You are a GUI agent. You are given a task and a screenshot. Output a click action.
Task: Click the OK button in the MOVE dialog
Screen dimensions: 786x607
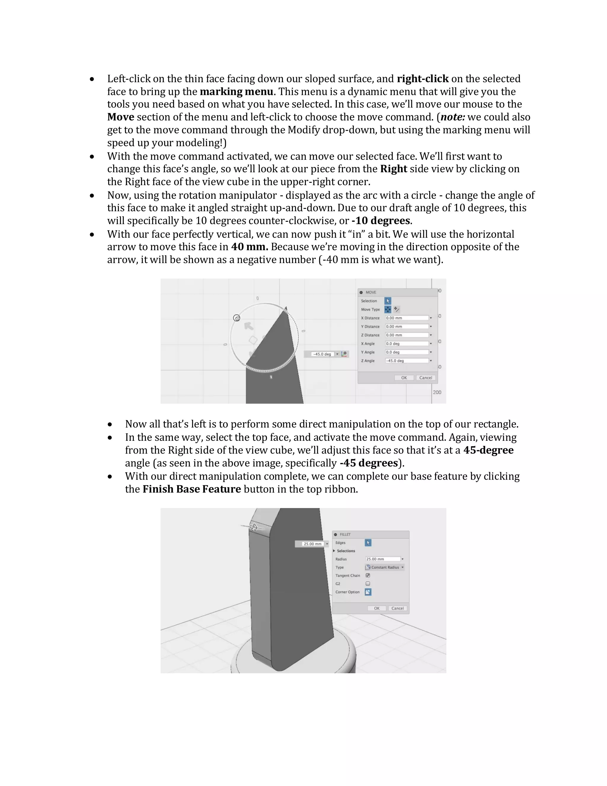404,378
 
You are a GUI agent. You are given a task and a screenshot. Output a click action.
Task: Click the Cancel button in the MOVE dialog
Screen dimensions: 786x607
425,378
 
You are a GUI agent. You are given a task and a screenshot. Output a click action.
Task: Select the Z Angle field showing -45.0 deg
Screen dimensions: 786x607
407,361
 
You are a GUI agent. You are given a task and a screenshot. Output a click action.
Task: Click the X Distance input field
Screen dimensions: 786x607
407,318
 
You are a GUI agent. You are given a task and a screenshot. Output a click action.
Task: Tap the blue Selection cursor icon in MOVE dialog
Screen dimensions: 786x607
388,301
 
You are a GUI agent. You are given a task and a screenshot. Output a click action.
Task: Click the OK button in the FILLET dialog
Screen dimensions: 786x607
376,608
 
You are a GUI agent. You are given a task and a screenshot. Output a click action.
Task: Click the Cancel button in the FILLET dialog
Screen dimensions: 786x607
397,608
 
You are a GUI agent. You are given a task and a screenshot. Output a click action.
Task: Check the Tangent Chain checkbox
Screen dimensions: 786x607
368,575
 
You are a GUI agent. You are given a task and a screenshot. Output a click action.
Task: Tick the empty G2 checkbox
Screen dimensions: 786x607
368,583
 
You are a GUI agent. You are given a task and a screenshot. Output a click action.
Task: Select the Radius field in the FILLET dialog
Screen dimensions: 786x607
383,559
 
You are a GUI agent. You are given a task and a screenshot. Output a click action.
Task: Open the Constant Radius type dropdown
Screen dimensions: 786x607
384,567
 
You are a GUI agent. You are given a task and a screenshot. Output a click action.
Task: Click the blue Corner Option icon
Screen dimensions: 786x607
368,592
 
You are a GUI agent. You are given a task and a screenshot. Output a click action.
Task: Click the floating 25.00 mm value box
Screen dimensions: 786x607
312,544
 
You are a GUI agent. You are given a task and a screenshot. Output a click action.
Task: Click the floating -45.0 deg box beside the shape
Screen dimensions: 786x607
322,354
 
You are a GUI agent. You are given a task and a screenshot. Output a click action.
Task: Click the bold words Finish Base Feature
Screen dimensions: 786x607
192,489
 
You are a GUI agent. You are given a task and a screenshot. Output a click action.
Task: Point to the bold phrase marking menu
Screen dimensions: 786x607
236,91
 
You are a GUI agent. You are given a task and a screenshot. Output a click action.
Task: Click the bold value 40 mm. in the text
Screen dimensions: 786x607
250,247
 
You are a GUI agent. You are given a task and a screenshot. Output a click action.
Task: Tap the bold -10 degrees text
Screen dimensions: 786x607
381,221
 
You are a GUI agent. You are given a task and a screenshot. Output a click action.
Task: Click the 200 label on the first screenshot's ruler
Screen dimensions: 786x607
437,392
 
